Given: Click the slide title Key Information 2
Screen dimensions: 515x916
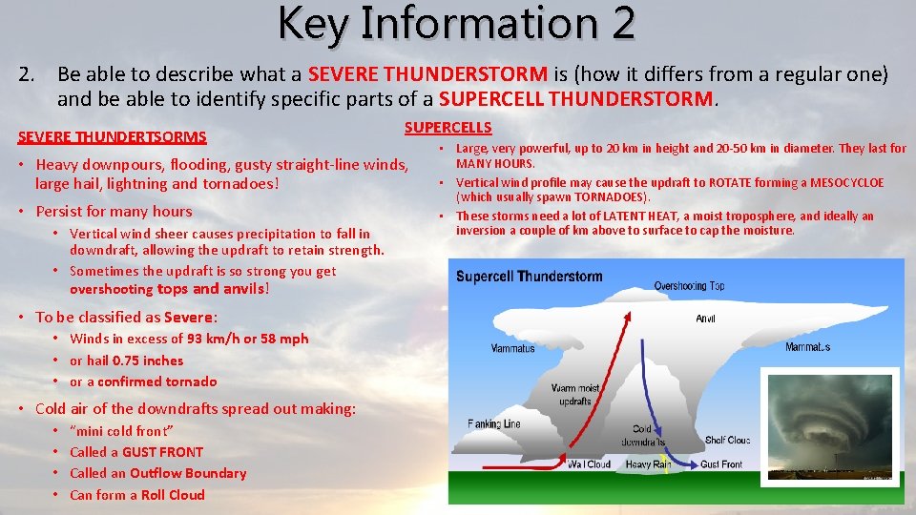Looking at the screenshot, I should click(x=457, y=23).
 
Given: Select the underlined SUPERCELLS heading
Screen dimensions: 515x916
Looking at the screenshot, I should click(x=448, y=128).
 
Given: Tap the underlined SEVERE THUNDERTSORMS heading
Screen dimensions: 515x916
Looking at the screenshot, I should click(x=112, y=137).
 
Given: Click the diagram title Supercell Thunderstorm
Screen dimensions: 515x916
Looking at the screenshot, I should click(x=530, y=277).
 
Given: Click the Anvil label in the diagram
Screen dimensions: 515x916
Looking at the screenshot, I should click(x=705, y=319).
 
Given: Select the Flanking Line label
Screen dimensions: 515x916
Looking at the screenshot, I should click(x=494, y=423).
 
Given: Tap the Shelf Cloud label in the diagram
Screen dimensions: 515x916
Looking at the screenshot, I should click(x=726, y=440).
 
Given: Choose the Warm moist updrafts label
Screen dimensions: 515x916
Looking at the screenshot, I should click(x=576, y=395).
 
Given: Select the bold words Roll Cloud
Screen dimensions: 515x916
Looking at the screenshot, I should click(x=173, y=494).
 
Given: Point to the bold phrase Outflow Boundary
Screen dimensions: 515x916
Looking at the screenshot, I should click(x=188, y=473).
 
